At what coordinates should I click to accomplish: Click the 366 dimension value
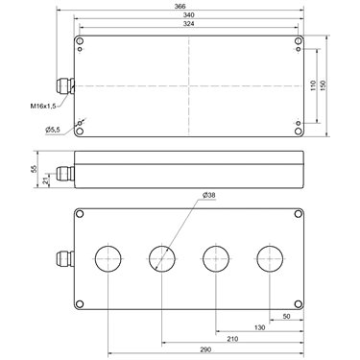pos(180,6)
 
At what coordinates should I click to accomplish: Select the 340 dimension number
pos(189,14)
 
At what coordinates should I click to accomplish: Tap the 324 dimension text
pos(189,24)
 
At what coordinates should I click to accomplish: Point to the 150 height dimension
pos(323,85)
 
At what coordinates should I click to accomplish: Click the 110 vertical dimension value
pos(314,85)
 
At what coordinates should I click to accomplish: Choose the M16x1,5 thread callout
pos(43,106)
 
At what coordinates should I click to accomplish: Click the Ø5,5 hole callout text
pos(53,130)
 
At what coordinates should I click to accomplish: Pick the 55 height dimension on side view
pos(35,169)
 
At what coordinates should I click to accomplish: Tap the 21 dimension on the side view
pos(46,181)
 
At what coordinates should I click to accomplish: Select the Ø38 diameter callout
pos(209,195)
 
